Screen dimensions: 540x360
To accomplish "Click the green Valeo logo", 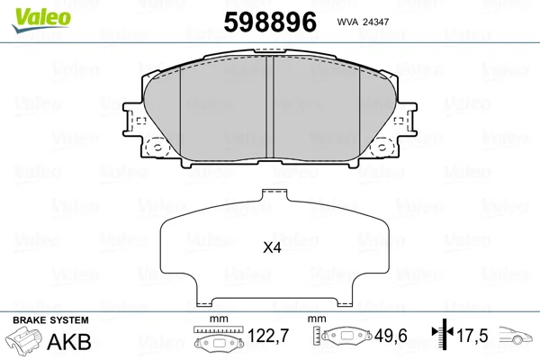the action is [x=41, y=20].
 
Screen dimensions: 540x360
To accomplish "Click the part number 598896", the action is [x=270, y=22].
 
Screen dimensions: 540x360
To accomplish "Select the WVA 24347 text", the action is [x=363, y=22].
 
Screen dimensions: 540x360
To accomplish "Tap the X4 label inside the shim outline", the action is [x=272, y=247].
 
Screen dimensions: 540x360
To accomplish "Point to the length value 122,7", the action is [x=268, y=336].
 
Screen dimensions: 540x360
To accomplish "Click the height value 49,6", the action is [x=391, y=336].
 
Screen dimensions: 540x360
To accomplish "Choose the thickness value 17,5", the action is [x=472, y=336].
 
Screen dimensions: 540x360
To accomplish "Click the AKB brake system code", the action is [x=69, y=342].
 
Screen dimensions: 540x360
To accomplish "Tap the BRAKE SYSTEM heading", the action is [x=50, y=320].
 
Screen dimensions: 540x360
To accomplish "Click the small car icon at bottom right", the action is [x=516, y=336].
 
